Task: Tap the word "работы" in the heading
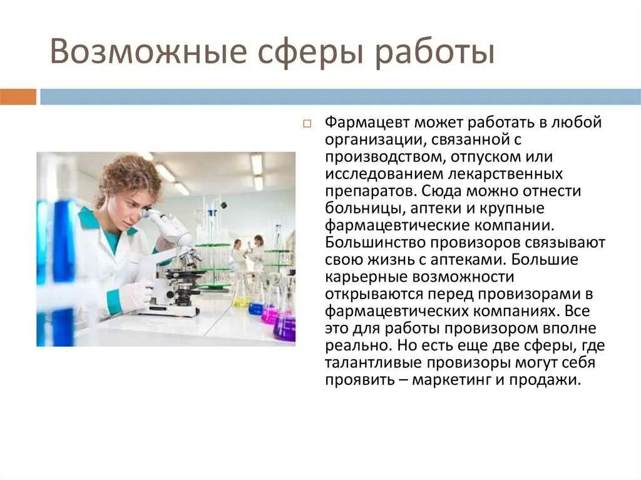click(x=436, y=52)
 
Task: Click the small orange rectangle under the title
click(x=18, y=97)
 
